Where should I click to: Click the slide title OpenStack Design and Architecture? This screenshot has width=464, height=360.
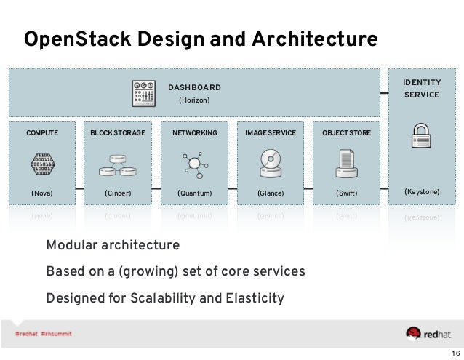coord(201,37)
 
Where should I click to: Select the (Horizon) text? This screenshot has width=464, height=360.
coord(194,100)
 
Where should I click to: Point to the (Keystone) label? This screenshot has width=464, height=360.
coord(422,192)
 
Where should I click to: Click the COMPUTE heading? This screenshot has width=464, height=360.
coord(42,134)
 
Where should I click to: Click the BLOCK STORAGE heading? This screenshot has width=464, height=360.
coord(118,134)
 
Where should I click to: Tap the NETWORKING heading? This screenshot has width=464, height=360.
coord(194,134)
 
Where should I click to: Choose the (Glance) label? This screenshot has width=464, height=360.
coord(270,193)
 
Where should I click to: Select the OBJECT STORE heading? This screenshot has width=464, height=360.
coord(345,134)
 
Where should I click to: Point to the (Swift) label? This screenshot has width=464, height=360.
coord(346,193)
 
